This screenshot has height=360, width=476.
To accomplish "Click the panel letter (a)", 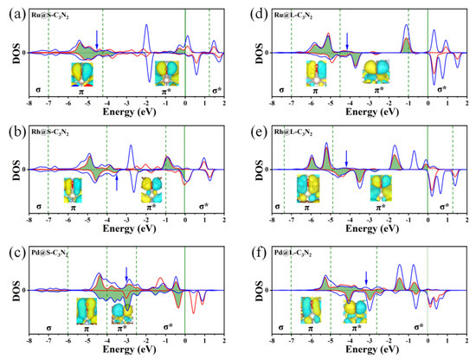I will point(10,8).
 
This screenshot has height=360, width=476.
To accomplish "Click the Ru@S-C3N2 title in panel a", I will point(53,17).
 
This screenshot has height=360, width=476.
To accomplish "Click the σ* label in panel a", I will point(216,89).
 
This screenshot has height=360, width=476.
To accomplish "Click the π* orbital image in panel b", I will point(152,188).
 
